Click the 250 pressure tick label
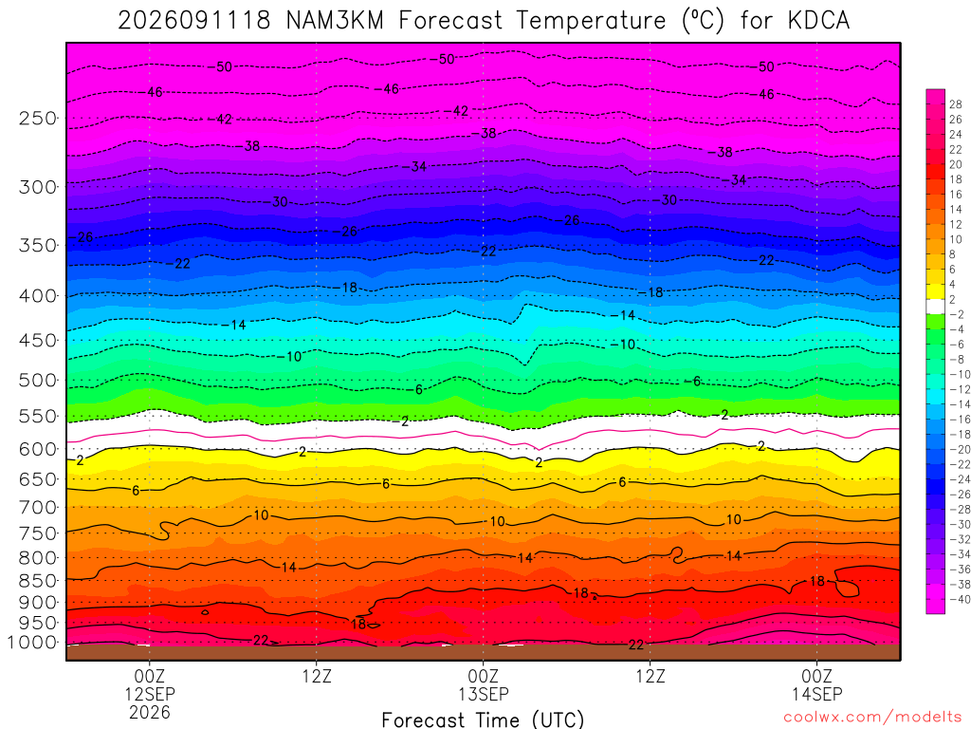[38, 118]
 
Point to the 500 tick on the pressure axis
[38, 380]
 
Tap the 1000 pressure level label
[32, 643]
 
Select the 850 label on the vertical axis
[38, 581]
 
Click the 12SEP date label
[150, 694]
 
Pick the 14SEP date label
[816, 694]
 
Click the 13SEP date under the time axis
[483, 694]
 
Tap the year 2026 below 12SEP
[150, 712]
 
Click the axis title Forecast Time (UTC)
[483, 720]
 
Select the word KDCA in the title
[818, 21]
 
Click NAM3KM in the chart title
[335, 21]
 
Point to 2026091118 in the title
[194, 21]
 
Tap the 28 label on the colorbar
[956, 104]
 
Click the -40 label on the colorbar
[960, 599]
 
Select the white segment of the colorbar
[936, 307]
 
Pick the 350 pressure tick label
[38, 246]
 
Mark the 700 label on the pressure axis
[38, 508]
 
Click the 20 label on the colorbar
[956, 164]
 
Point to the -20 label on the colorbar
[960, 449]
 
